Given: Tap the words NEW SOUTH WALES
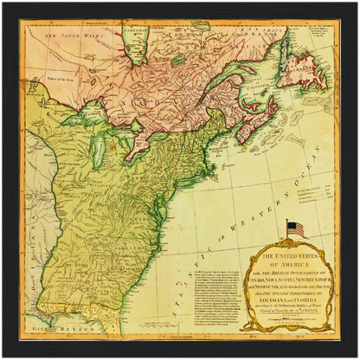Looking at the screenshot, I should point(76,36).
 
